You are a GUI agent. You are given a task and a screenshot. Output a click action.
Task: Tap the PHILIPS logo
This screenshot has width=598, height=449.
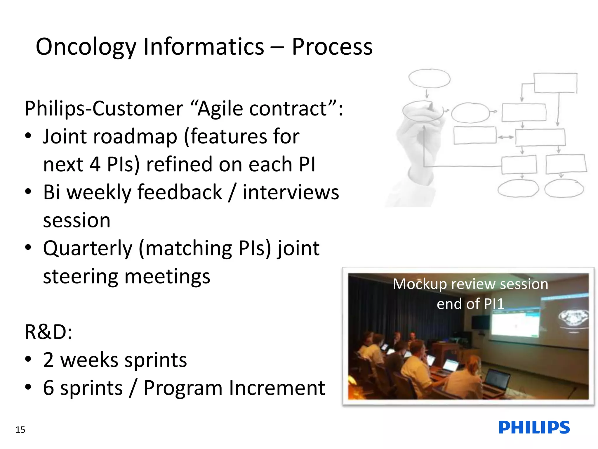pos(534,428)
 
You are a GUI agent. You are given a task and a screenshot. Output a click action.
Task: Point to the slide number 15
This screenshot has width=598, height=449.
pos(20,430)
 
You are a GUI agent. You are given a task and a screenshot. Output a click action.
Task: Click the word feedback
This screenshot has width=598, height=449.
pos(180,193)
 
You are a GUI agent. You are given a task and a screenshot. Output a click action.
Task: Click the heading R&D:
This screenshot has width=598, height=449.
pos(48,332)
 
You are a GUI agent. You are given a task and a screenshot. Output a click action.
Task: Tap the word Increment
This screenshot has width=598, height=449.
pos(277,388)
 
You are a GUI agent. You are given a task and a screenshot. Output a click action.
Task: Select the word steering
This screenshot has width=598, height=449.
pos(80,277)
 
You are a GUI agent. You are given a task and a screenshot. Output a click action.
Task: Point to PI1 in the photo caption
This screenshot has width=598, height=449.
pos(494,304)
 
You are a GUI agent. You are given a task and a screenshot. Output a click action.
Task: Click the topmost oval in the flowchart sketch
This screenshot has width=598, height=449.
pos(429,78)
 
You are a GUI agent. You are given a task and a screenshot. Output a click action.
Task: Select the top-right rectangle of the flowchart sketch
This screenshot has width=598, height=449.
pos(555,83)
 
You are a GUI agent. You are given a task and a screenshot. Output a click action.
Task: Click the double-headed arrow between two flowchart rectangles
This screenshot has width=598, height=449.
pos(506,137)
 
